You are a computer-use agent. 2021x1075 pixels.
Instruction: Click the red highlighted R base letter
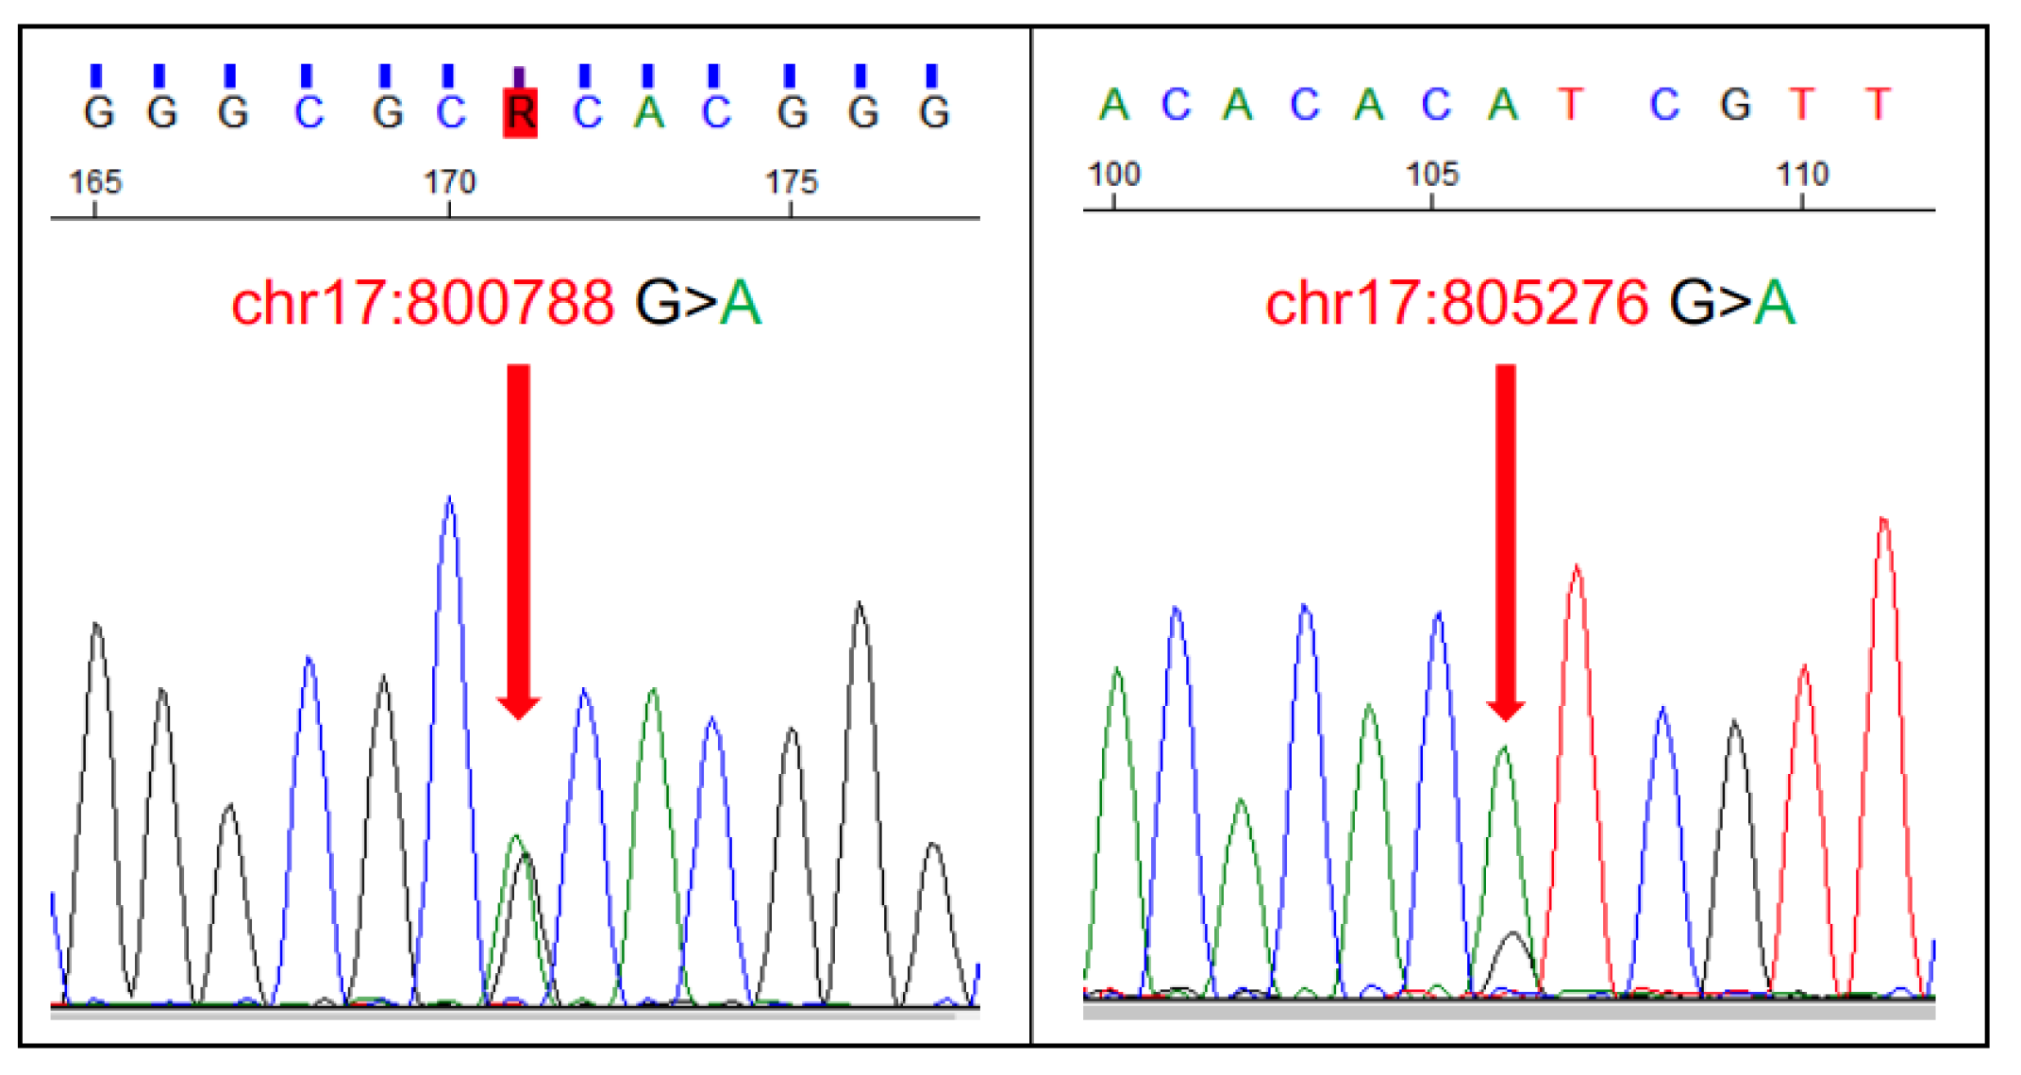tap(520, 113)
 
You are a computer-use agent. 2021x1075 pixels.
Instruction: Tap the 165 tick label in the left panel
tap(95, 181)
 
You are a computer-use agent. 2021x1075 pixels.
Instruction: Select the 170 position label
tap(450, 181)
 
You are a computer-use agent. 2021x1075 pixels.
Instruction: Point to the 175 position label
tap(791, 181)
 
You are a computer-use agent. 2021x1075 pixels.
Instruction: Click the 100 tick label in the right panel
tap(1114, 174)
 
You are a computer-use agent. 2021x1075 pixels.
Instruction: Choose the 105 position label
tap(1432, 174)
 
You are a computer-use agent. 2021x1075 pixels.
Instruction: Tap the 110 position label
tap(1802, 174)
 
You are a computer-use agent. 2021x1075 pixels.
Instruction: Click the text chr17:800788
tap(423, 304)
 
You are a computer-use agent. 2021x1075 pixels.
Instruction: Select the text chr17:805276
tap(1457, 304)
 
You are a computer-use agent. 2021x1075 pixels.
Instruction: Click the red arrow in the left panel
tap(519, 538)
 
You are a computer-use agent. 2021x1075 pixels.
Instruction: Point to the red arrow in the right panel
tap(1506, 538)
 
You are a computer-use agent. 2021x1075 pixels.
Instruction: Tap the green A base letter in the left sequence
tap(649, 113)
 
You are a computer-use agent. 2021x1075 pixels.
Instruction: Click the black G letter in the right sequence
tap(1735, 105)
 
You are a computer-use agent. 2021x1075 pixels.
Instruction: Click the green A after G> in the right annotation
tap(1775, 304)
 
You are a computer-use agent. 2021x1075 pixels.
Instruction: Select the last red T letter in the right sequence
tap(1878, 105)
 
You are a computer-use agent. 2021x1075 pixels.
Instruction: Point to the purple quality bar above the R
tap(519, 76)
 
